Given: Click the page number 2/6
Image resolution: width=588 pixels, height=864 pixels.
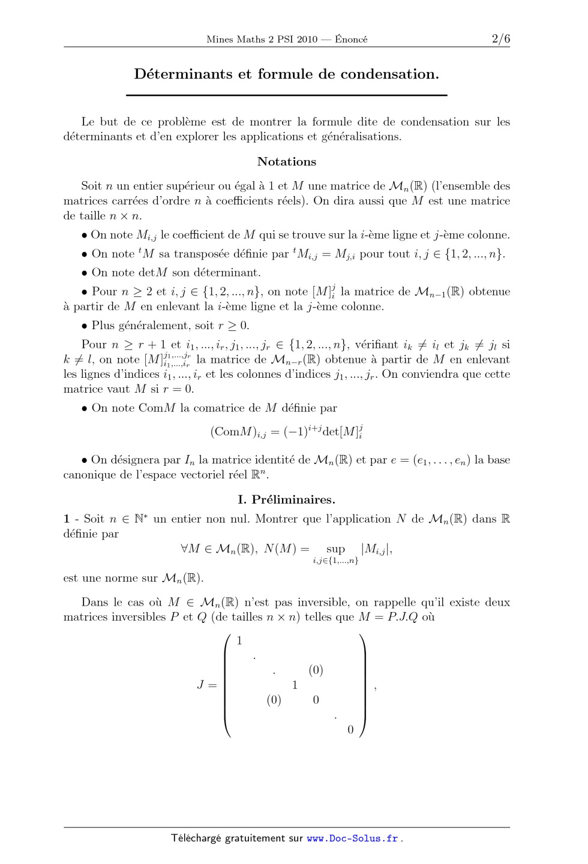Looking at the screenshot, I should point(500,39).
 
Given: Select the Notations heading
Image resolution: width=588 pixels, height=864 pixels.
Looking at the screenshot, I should point(287,162).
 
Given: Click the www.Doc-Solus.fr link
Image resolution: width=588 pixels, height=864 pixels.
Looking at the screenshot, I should point(352,839).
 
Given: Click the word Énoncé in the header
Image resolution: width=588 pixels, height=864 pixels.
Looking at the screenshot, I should point(351,40).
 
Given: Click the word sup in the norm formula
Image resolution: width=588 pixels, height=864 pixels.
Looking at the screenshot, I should point(335,549).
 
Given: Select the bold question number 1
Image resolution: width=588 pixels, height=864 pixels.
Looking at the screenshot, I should point(67,519).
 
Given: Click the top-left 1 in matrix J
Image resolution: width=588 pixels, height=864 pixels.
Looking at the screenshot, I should point(239,641).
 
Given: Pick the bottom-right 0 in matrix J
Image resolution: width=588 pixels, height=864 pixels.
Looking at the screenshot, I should point(351,730).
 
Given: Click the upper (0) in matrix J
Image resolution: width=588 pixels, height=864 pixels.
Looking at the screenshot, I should point(316,670).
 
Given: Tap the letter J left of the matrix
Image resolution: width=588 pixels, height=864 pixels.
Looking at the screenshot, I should point(200,685).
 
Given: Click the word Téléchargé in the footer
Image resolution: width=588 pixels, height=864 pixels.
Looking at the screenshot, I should point(196,839).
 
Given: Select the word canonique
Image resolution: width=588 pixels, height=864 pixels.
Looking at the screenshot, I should point(89,475).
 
